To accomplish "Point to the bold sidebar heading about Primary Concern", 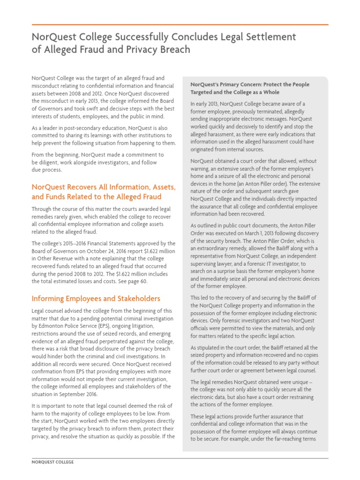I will (x=249, y=88).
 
